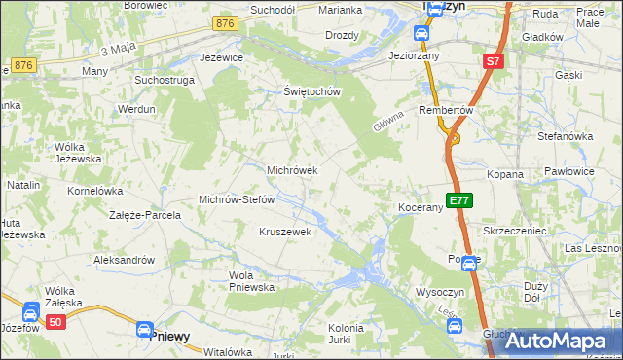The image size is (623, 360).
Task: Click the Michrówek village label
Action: [x=292, y=169]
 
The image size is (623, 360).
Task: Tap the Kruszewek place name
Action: [x=284, y=232]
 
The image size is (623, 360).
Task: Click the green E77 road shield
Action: [x=459, y=201]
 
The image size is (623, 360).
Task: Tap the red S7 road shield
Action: [x=493, y=62]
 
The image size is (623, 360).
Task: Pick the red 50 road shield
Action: [x=55, y=321]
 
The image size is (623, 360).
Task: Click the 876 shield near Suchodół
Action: [x=225, y=23]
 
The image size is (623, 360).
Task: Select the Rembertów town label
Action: [x=446, y=110]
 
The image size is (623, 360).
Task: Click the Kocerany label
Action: [x=421, y=208]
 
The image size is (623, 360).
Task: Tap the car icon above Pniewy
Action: [x=145, y=331]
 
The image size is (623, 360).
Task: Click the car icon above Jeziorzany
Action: [x=421, y=35]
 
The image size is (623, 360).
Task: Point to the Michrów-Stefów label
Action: [x=237, y=199]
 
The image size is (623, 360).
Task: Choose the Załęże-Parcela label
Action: [x=145, y=214]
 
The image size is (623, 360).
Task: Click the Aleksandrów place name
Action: [x=124, y=260]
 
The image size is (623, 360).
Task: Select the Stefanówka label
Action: [x=565, y=136]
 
